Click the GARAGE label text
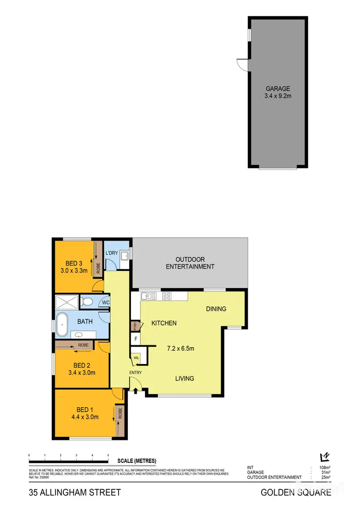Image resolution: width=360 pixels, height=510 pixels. tap(278, 88)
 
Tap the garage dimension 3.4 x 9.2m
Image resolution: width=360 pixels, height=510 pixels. tap(278, 96)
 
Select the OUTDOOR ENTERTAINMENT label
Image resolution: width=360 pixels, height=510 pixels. tap(190, 263)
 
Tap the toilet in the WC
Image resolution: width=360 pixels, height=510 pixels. tap(86, 302)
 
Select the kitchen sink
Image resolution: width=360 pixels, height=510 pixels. tap(149, 296)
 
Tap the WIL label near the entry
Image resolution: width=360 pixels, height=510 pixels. tap(136, 357)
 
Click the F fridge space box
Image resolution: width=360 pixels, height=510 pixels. tap(136, 339)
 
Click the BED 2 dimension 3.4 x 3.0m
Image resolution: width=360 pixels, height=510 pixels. tap(82, 372)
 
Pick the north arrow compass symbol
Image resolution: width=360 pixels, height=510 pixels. tap(325, 456)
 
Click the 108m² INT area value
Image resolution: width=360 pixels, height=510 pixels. tap(324, 467)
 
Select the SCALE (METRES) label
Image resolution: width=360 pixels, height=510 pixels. tap(137, 461)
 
